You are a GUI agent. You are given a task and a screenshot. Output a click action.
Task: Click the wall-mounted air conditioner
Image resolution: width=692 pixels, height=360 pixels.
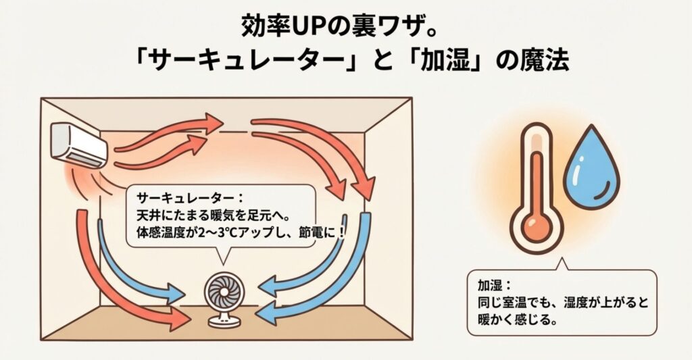pos(79,144)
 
